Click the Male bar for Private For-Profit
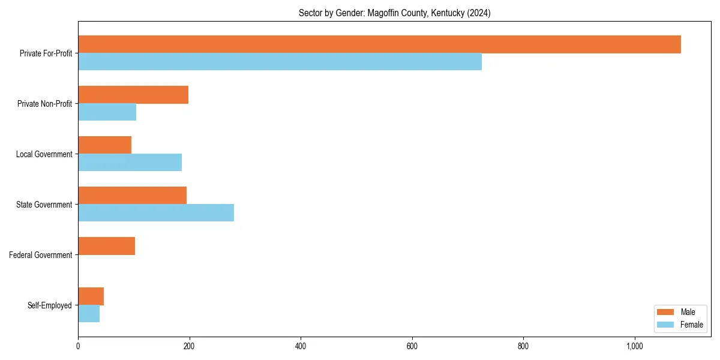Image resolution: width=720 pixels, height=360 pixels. tap(379, 44)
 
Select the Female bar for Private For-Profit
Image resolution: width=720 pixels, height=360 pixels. tap(280, 62)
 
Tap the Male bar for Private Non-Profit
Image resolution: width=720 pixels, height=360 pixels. tap(133, 95)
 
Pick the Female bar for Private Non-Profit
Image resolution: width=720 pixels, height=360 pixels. tap(107, 112)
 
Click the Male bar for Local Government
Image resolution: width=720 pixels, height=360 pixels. tap(104, 145)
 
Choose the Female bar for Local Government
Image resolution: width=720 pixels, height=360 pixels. tap(130, 163)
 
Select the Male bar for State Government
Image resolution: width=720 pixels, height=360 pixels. tap(132, 196)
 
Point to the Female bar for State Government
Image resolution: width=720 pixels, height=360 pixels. tap(156, 213)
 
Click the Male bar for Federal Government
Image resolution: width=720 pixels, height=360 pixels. tap(106, 246)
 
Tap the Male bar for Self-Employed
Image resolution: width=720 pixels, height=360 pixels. tap(91, 296)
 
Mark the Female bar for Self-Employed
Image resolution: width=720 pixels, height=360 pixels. tap(89, 314)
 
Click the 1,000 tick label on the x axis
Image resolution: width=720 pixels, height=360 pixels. tap(635, 346)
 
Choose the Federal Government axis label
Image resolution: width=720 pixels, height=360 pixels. tap(41, 255)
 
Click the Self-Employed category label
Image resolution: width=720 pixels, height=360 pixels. tap(50, 305)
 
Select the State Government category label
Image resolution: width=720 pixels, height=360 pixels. tap(44, 205)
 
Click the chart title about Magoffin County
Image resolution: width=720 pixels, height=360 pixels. tap(394, 13)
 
